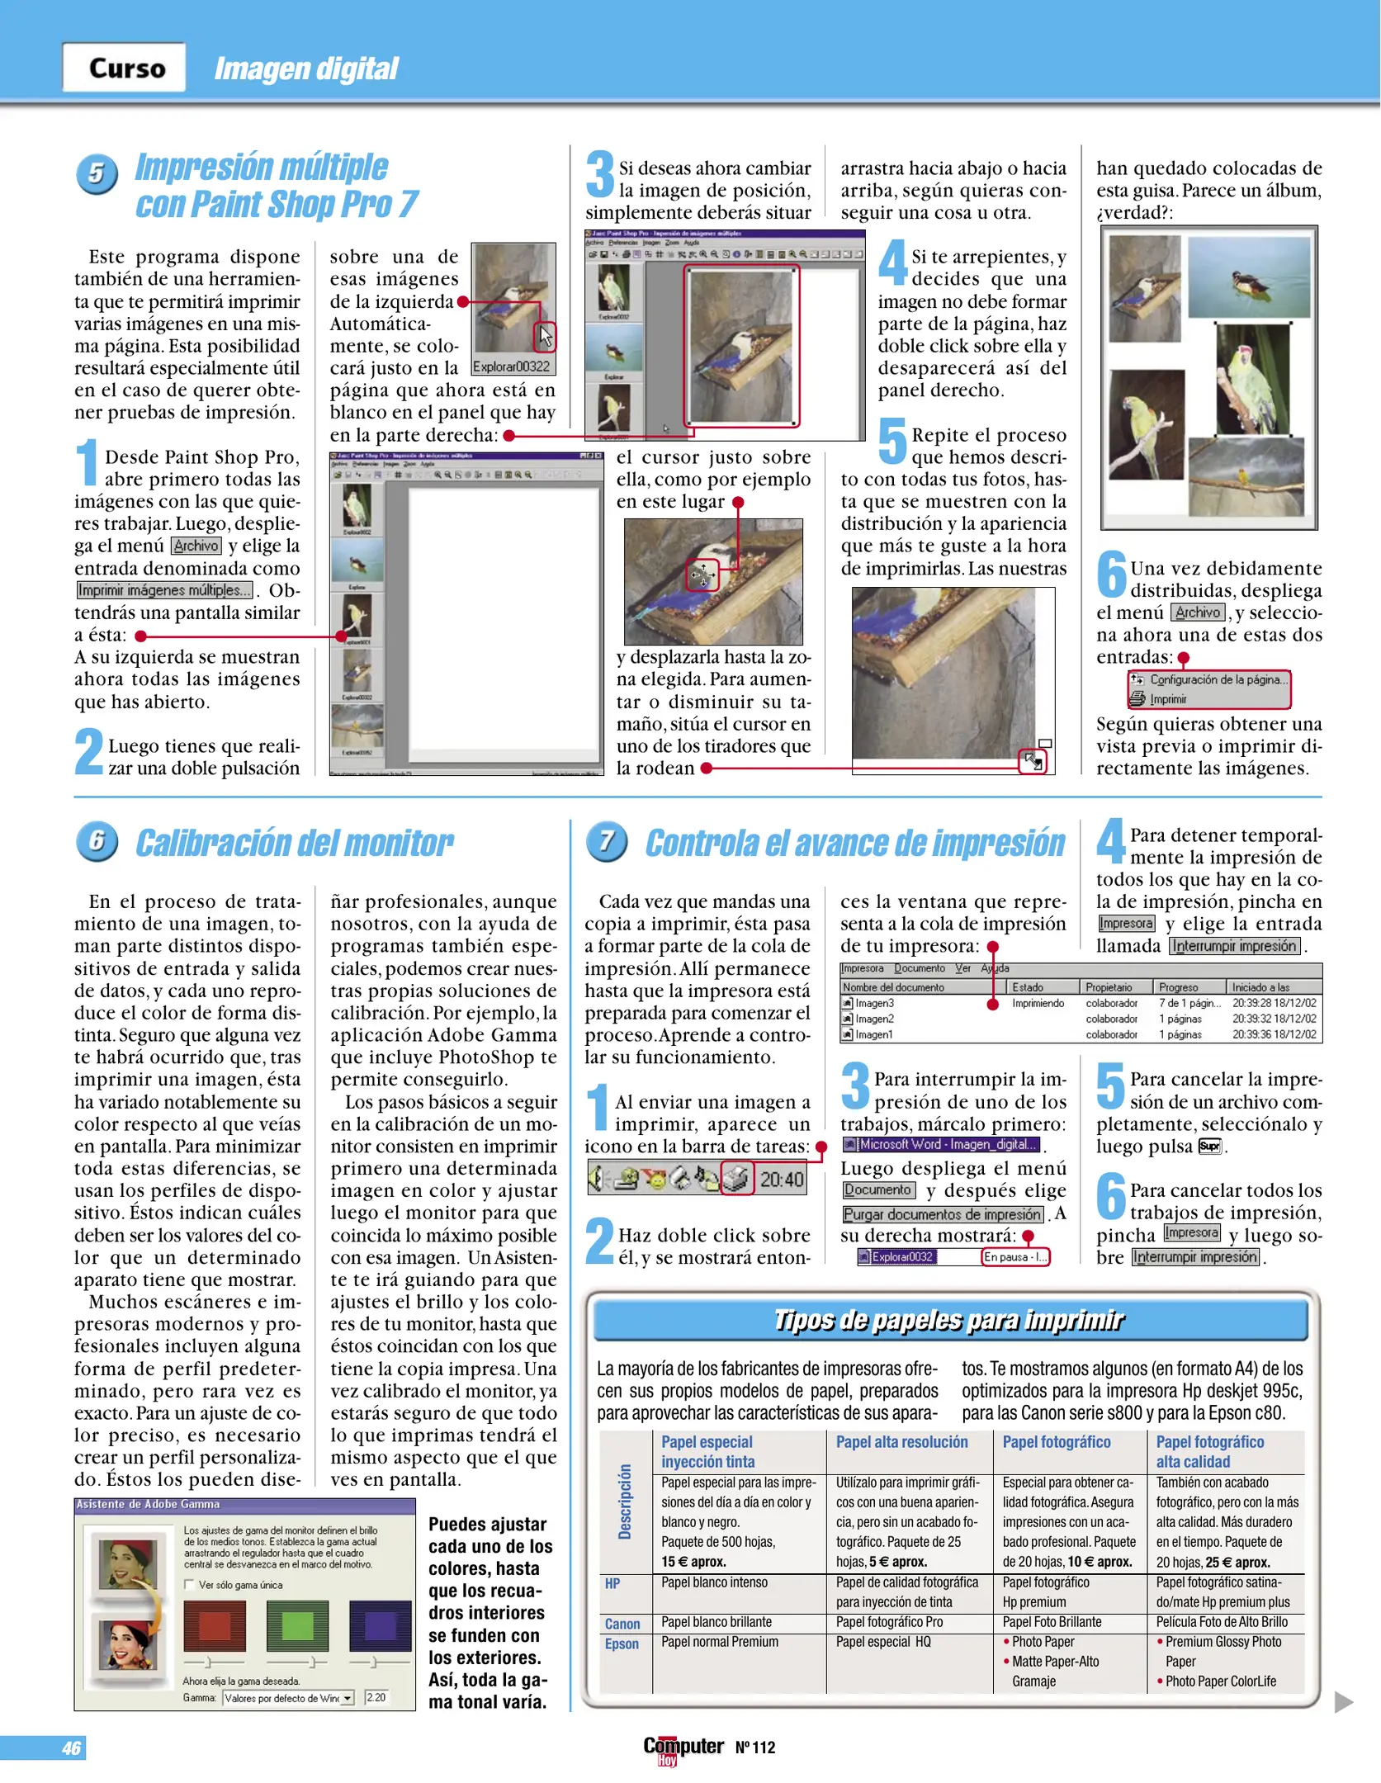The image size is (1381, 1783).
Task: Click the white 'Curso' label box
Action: [x=125, y=68]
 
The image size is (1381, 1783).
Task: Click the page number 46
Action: [x=71, y=1748]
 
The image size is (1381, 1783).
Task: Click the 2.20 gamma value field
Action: [x=376, y=1698]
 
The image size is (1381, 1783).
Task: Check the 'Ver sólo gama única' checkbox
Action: [x=190, y=1585]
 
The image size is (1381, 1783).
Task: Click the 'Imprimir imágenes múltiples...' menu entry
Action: [x=164, y=590]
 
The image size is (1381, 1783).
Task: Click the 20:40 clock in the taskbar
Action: [x=781, y=1180]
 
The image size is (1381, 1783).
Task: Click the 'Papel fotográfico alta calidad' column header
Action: [x=1210, y=1451]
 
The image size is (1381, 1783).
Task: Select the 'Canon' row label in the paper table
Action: [x=622, y=1624]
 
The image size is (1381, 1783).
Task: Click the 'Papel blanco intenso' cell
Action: [x=714, y=1582]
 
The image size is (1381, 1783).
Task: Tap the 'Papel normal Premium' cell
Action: [x=719, y=1642]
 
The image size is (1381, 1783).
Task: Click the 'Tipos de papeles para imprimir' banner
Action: [x=949, y=1321]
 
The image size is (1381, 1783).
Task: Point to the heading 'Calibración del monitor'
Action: [x=295, y=844]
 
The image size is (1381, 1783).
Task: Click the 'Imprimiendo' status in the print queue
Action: [x=1038, y=1004]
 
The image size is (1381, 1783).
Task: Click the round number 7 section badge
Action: [x=607, y=842]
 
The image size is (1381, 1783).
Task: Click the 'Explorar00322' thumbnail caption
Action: [x=511, y=367]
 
